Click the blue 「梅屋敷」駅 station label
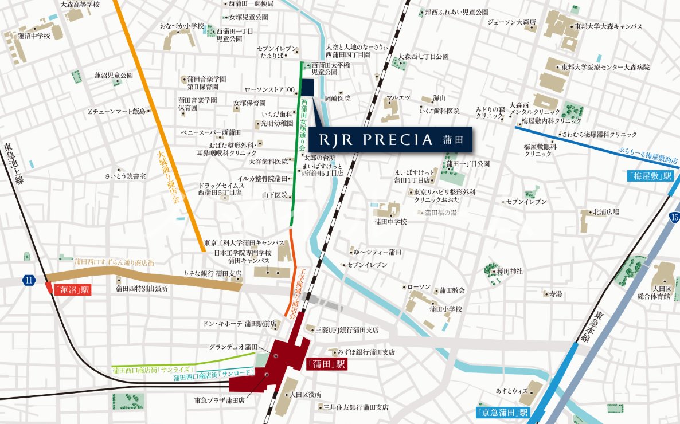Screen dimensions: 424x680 (x=649, y=176)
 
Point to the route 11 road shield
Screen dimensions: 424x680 (x=29, y=280)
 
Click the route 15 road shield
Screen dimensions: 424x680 (x=674, y=217)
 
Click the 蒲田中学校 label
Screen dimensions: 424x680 (x=390, y=221)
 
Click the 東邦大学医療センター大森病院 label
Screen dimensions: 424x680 (x=605, y=68)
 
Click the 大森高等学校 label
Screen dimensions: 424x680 (x=80, y=5)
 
